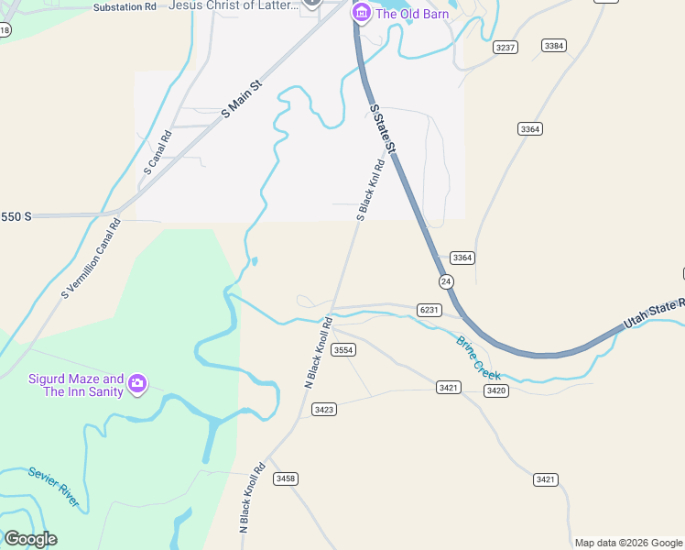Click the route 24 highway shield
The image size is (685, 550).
445,280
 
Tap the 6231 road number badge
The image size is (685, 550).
429,310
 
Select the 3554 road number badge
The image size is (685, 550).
343,350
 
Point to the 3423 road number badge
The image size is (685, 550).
323,409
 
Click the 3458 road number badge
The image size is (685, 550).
286,478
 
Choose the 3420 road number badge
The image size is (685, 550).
496,390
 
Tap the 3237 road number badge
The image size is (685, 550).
505,47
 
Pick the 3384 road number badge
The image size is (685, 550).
553,45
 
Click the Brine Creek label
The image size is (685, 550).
479,358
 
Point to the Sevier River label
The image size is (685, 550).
53,488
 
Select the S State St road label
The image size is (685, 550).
384,128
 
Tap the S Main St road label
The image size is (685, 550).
242,98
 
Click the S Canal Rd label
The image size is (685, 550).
158,152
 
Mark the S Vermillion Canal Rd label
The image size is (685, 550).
91,258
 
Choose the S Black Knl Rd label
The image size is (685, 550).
369,191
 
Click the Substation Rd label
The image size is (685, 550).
125,6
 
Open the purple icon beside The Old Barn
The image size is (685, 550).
362,13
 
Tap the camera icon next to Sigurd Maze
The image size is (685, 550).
137,383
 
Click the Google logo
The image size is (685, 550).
30,539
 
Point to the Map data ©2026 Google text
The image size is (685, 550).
627,543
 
